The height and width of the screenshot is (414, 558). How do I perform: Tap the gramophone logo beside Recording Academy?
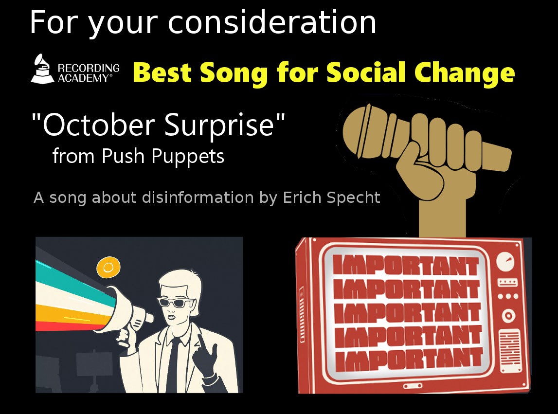[x=43, y=69]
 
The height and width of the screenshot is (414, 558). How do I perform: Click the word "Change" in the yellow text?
[x=465, y=73]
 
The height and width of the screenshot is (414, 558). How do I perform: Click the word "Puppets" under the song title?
[x=188, y=157]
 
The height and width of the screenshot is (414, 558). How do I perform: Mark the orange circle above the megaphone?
[x=108, y=268]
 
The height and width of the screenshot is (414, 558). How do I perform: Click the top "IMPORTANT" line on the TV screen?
[x=406, y=265]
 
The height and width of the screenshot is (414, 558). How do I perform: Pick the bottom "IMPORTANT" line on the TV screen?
[x=409, y=359]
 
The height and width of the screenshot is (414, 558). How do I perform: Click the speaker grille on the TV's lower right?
[x=510, y=351]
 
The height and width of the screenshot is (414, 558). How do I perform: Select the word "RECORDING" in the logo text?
[x=89, y=68]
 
